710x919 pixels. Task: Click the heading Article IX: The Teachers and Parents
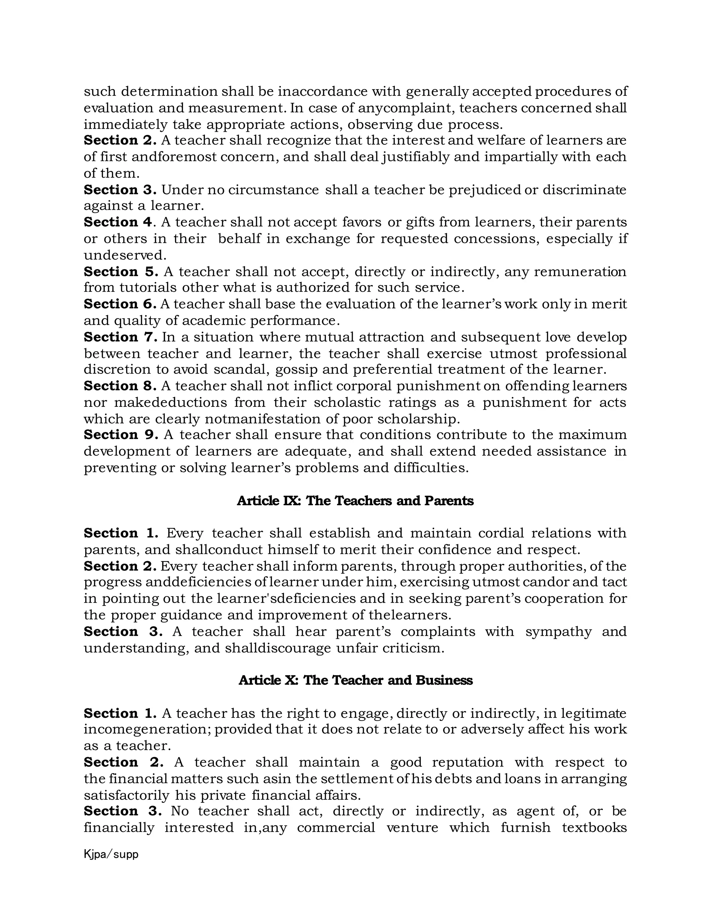[x=355, y=501]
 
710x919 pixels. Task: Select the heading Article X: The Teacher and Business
[x=355, y=680]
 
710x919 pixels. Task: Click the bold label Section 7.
[x=120, y=337]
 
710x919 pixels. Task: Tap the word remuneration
[x=580, y=272]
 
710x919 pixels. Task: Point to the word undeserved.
[x=125, y=256]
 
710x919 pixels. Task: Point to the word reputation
[x=467, y=762]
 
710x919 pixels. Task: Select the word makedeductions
[x=170, y=403]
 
